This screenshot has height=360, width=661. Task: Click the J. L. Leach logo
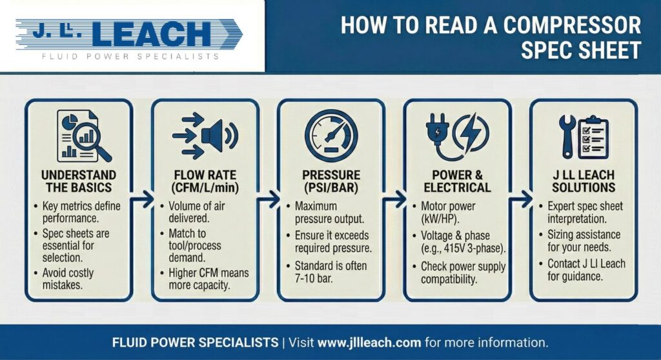(129, 39)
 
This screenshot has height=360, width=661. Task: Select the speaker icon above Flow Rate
(219, 135)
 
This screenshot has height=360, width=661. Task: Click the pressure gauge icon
(331, 135)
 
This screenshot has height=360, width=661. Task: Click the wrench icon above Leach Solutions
(567, 137)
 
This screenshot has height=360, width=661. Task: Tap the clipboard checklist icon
(593, 137)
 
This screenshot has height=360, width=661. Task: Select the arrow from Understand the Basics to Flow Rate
(142, 199)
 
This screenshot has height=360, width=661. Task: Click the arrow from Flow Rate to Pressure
(269, 199)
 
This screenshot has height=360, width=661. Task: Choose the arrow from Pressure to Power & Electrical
(394, 199)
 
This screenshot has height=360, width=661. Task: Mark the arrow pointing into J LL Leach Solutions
(521, 199)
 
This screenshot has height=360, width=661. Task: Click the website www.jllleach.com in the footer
(369, 343)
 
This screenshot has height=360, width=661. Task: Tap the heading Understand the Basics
(79, 181)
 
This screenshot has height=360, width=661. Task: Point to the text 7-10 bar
(314, 279)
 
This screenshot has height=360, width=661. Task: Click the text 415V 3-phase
(474, 249)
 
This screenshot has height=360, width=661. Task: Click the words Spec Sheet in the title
(581, 50)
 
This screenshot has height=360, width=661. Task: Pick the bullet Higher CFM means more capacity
(205, 279)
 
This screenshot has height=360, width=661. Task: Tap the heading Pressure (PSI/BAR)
(331, 181)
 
